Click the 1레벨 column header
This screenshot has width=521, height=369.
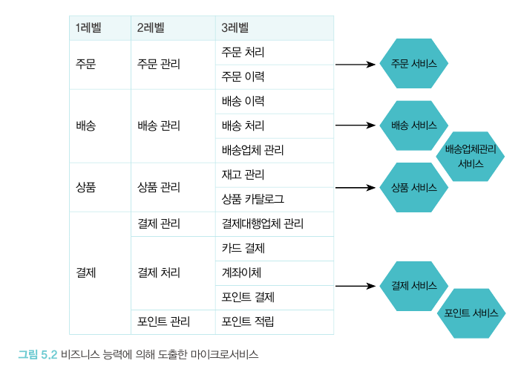(x=88, y=28)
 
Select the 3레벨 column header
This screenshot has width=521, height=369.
(x=235, y=28)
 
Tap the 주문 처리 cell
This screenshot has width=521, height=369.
(x=243, y=53)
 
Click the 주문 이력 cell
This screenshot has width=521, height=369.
(x=243, y=76)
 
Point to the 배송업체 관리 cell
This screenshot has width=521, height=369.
(x=252, y=150)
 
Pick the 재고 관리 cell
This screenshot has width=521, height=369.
(x=243, y=174)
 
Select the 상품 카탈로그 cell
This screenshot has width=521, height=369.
(x=252, y=199)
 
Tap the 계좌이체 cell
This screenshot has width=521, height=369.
(x=241, y=272)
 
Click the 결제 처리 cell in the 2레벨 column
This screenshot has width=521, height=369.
(x=159, y=272)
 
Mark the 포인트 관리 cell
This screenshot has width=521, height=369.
(x=164, y=321)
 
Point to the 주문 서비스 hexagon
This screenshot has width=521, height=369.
(x=413, y=65)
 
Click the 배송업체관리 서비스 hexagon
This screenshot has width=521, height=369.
(x=471, y=157)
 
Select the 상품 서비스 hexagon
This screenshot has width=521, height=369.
(x=413, y=187)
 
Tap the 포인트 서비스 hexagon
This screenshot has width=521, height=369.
(x=471, y=313)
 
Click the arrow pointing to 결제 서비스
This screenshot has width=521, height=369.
(x=355, y=285)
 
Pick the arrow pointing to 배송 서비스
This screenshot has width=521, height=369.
(x=355, y=125)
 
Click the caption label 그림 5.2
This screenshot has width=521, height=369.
(x=37, y=354)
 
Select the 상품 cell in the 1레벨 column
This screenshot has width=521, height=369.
(x=85, y=187)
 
